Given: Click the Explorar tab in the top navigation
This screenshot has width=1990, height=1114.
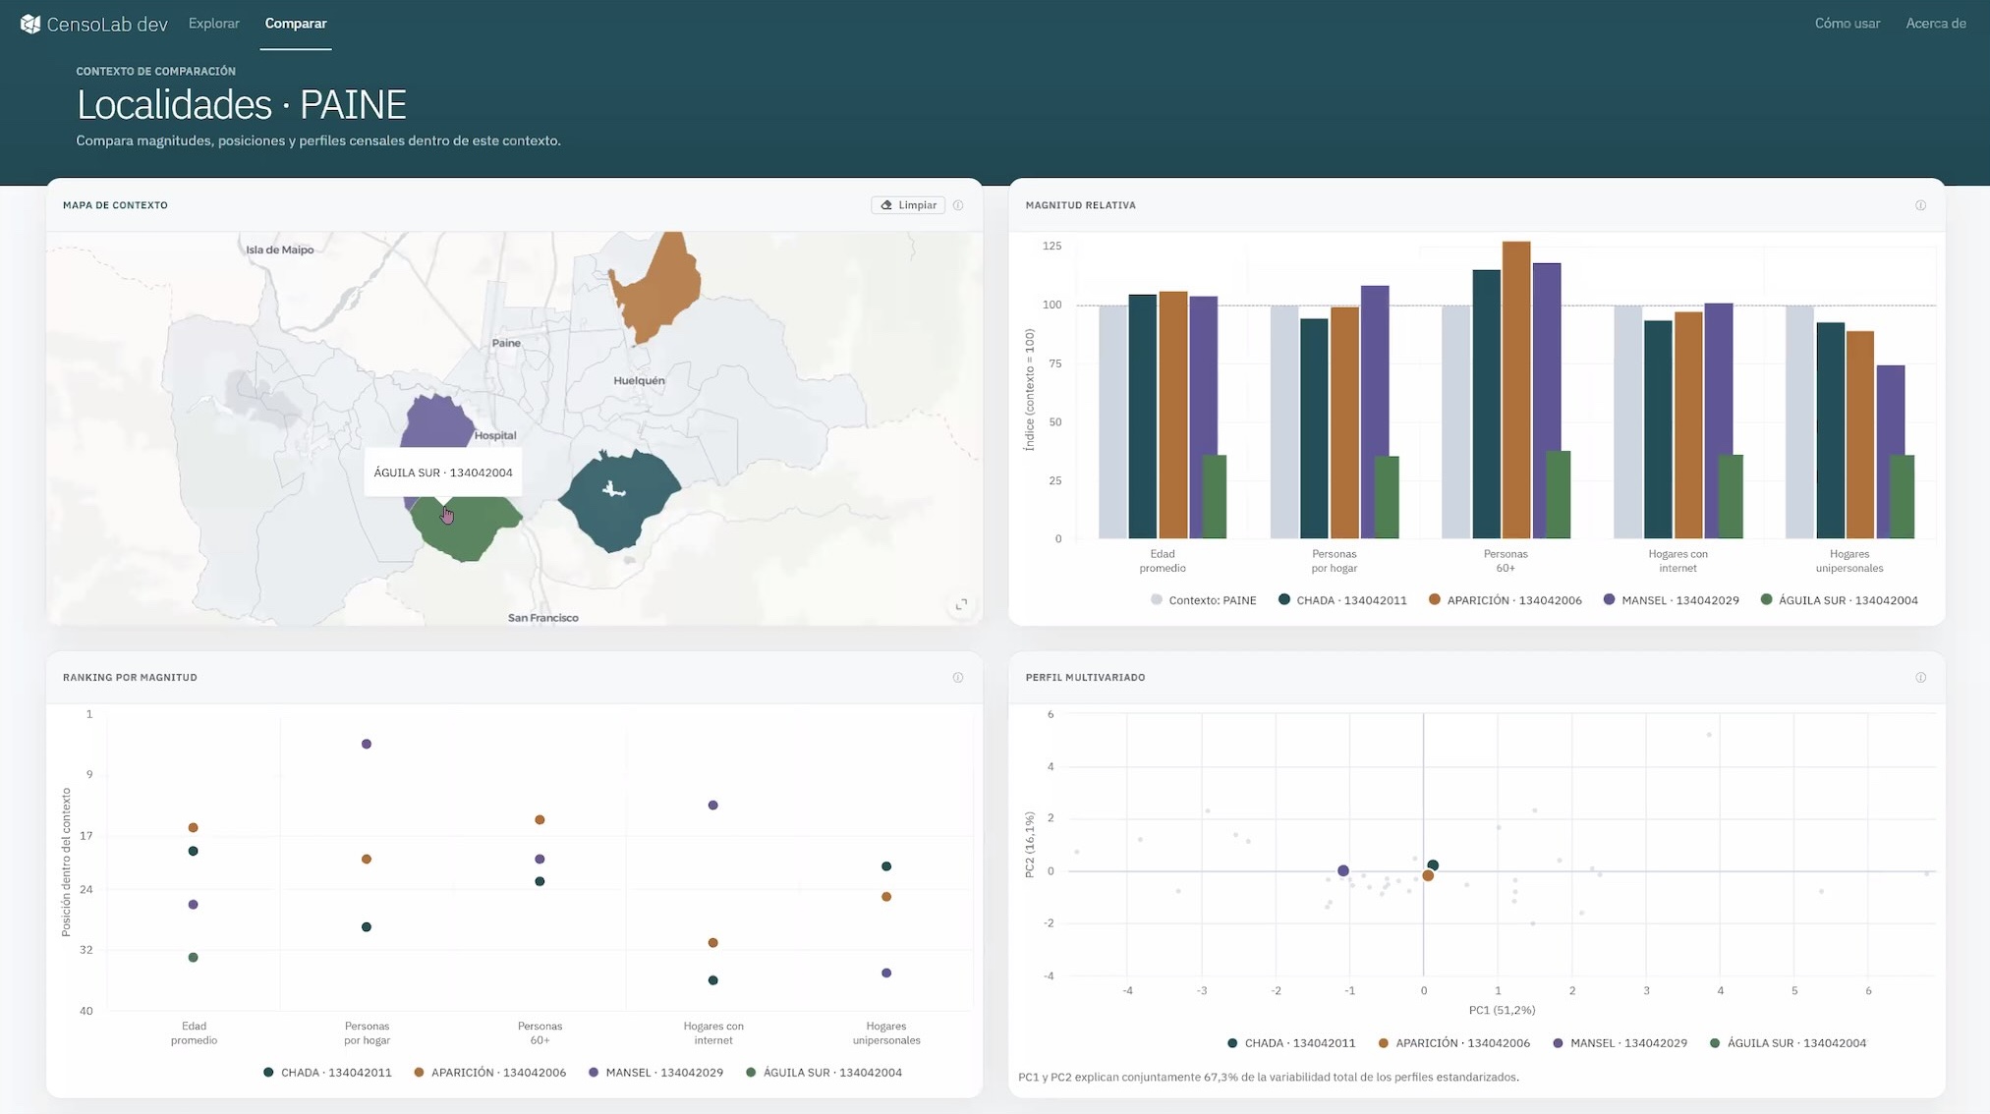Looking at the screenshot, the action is pyautogui.click(x=213, y=24).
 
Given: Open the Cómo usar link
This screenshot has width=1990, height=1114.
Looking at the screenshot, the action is pyautogui.click(x=1847, y=24).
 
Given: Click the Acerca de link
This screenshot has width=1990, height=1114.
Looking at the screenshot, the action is pyautogui.click(x=1935, y=24).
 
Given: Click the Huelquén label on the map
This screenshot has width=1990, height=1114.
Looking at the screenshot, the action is pyautogui.click(x=639, y=380).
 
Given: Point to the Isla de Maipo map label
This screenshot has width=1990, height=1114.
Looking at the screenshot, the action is pyautogui.click(x=280, y=250).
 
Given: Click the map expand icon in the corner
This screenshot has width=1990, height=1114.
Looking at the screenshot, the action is pyautogui.click(x=961, y=604).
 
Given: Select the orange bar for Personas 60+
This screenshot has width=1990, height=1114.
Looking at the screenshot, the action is pyautogui.click(x=1515, y=390).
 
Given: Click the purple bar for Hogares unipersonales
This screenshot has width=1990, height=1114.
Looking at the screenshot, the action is pyautogui.click(x=1890, y=452).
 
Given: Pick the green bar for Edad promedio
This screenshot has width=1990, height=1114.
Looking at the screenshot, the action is pyautogui.click(x=1215, y=496).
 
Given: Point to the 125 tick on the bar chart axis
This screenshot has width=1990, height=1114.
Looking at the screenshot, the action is pyautogui.click(x=1052, y=246).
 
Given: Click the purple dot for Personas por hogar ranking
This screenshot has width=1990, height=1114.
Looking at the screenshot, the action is pyautogui.click(x=367, y=744).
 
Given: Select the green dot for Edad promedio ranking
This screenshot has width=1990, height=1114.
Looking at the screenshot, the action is pyautogui.click(x=193, y=957).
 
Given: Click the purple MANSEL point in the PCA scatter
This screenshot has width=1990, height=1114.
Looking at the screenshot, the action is pyautogui.click(x=1342, y=871).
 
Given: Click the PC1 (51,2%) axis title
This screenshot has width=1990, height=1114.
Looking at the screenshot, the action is pyautogui.click(x=1502, y=1010).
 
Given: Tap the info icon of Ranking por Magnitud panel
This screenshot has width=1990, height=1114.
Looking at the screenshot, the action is pyautogui.click(x=958, y=678).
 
